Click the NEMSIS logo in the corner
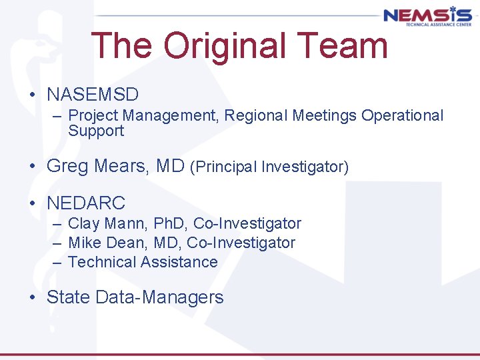click(x=427, y=16)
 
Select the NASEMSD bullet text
click(x=93, y=94)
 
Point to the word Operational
click(x=402, y=115)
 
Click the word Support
click(x=96, y=131)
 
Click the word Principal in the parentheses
click(x=226, y=167)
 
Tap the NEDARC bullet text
click(x=86, y=203)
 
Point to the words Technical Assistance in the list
click(x=143, y=262)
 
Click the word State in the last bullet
click(x=69, y=297)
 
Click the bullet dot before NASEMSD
click(x=33, y=95)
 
